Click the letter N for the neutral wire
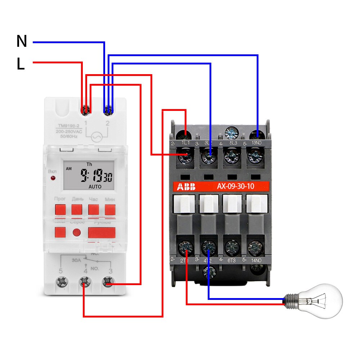pos(22,42)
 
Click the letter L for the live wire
pos(21,64)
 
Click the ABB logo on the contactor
pos(186,187)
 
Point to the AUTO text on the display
pos(95,187)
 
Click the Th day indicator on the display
pos(89,164)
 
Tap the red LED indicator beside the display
pos(53,179)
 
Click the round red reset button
pos(77,232)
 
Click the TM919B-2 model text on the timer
pos(68,126)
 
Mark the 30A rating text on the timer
pos(76,260)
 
